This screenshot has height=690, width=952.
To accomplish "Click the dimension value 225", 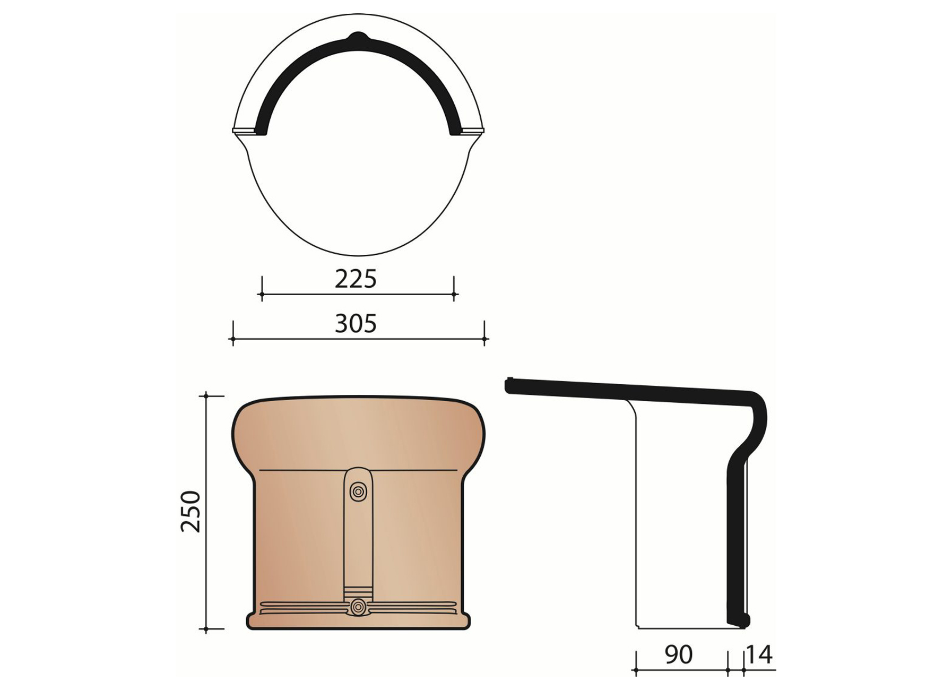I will pyautogui.click(x=356, y=279).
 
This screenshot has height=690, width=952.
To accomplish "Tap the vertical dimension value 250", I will pyautogui.click(x=191, y=512).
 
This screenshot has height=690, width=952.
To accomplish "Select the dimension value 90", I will pyautogui.click(x=678, y=655).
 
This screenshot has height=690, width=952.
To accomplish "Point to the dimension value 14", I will pyautogui.click(x=759, y=655).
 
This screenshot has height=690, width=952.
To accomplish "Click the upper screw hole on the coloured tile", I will pyautogui.click(x=358, y=492).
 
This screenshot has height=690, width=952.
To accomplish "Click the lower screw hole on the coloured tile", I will pyautogui.click(x=359, y=606).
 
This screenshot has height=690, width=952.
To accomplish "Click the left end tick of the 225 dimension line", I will pyautogui.click(x=262, y=294).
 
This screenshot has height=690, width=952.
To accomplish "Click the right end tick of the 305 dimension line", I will pyautogui.click(x=484, y=338).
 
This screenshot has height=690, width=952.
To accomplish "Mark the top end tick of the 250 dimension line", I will pyautogui.click(x=206, y=395).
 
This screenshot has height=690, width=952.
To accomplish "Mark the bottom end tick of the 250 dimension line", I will pyautogui.click(x=206, y=629).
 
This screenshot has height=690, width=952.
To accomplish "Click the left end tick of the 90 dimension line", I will pyautogui.click(x=636, y=671).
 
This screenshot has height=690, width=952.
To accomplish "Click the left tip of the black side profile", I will pyautogui.click(x=508, y=385).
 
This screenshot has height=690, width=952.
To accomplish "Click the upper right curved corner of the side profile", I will pyautogui.click(x=759, y=401).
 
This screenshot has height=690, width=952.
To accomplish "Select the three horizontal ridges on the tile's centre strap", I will pyautogui.click(x=358, y=591).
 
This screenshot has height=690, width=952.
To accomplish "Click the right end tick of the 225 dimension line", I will pyautogui.click(x=454, y=294).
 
